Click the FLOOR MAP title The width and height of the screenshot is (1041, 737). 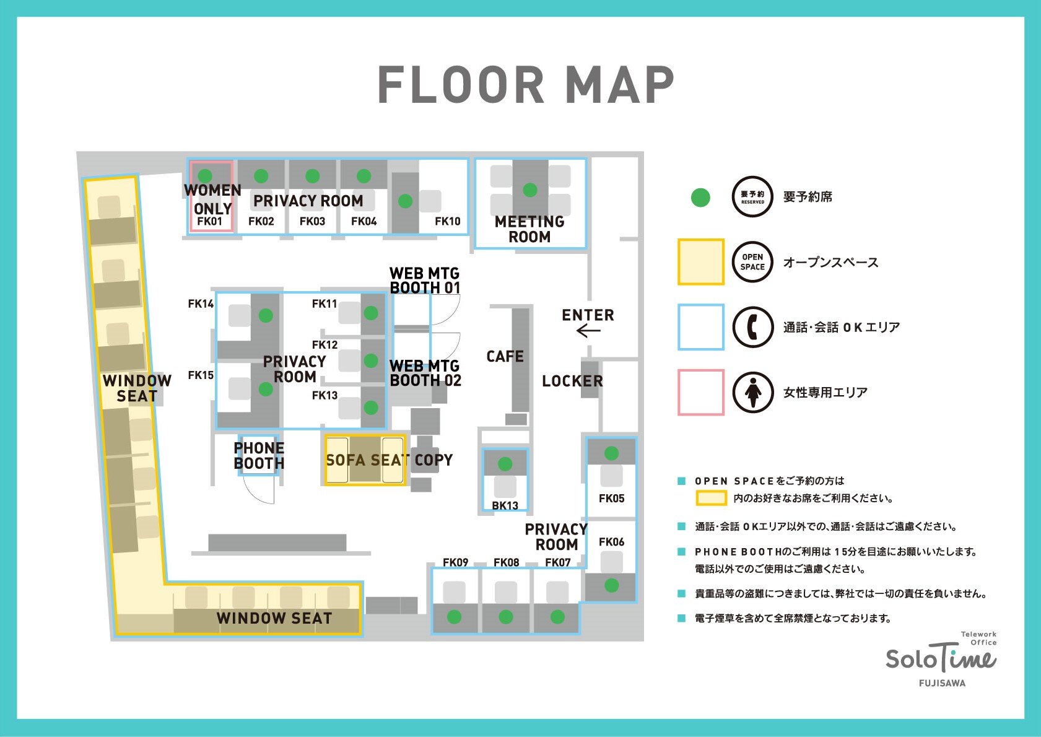tap(526, 84)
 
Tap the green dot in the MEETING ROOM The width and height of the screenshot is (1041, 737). tap(530, 190)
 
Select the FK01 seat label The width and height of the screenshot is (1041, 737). tap(209, 221)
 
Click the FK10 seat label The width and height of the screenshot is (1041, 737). tap(448, 221)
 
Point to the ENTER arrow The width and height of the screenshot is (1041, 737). tap(588, 331)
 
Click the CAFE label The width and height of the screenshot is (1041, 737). tap(505, 356)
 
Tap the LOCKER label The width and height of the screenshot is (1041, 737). tap(572, 381)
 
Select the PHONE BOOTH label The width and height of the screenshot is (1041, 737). tap(259, 455)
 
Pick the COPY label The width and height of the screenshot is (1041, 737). tap(433, 460)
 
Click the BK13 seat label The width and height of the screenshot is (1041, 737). tap(505, 505)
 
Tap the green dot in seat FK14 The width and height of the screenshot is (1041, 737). tap(266, 315)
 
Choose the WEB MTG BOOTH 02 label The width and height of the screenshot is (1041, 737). tap(425, 373)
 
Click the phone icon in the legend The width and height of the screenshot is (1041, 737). tap(753, 327)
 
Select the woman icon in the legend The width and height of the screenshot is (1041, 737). tap(753, 392)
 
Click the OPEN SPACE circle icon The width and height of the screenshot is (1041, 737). tap(753, 262)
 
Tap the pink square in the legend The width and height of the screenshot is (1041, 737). tap(701, 392)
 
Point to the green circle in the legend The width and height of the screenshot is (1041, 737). tap(700, 197)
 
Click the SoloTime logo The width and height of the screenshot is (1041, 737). tap(941, 660)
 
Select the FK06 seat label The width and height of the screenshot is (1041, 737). tap(612, 542)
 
